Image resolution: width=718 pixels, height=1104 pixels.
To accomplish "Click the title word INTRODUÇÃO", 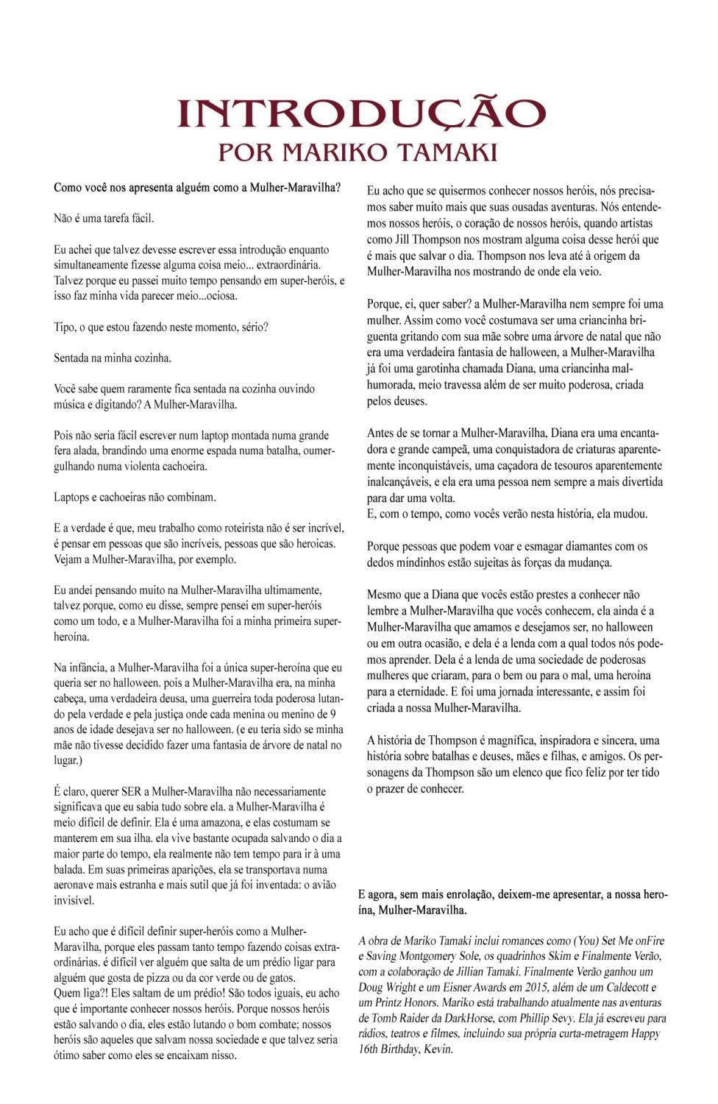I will coord(360,113).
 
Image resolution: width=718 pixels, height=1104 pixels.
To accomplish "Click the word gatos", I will coord(282,978).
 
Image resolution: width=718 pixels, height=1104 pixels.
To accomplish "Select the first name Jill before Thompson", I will coord(406,240).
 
